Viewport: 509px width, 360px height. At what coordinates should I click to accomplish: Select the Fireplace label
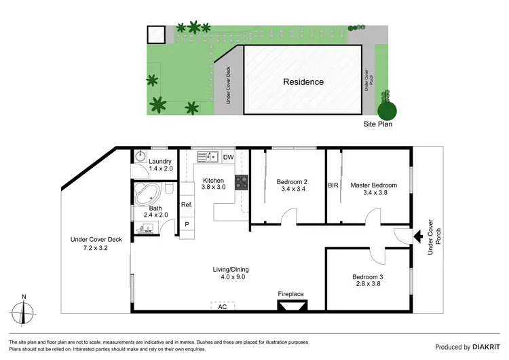point(291,294)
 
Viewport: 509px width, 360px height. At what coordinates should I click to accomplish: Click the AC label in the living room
point(222,306)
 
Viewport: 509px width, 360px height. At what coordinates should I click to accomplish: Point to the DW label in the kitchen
point(228,158)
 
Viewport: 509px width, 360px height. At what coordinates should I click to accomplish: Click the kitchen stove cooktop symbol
point(240,182)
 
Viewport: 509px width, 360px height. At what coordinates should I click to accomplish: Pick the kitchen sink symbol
point(206,158)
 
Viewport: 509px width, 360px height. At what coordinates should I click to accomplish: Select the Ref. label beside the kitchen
point(187,204)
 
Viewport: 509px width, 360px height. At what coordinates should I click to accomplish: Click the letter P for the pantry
point(187,223)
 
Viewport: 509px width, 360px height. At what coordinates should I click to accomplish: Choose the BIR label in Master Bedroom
point(333,185)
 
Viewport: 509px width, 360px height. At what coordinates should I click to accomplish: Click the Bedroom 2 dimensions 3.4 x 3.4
point(293,190)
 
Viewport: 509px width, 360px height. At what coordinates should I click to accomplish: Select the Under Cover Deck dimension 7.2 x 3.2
point(95,248)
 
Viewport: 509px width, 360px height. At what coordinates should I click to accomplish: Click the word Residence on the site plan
point(303,82)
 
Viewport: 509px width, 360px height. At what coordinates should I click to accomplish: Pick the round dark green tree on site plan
point(387,109)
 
